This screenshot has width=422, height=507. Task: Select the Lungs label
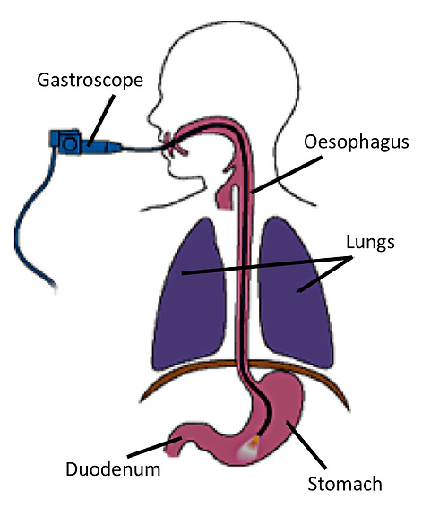[x=367, y=242]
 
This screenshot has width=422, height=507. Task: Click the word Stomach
[x=345, y=484]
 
